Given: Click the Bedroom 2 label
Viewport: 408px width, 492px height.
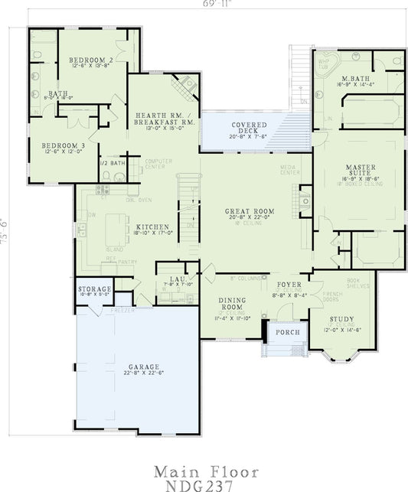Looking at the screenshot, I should [x=91, y=59].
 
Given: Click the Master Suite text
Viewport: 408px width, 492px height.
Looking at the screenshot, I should [x=358, y=167].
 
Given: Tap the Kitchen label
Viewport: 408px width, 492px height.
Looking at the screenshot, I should [x=148, y=227].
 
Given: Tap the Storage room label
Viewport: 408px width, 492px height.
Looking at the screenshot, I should [x=95, y=288].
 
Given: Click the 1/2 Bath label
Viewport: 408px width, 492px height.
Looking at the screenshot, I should [x=112, y=163].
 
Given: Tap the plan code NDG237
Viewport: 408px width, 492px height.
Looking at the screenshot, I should [x=204, y=484].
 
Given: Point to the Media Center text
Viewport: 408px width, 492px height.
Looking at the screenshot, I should [x=289, y=171].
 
